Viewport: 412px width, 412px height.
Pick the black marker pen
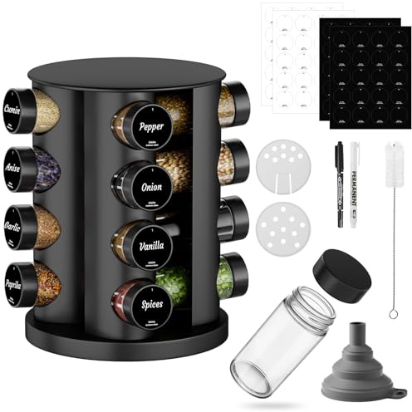point(340,183)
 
